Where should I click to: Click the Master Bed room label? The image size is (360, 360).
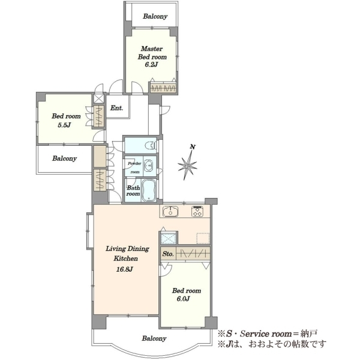152,53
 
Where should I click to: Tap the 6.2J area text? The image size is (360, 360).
151,65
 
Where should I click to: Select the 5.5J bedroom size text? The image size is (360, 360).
64,125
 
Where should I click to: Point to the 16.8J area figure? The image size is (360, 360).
124,269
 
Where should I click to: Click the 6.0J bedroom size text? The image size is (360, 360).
183,299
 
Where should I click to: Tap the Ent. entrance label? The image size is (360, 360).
116,108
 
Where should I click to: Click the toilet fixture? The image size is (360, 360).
151,146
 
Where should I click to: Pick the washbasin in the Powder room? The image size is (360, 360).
149,166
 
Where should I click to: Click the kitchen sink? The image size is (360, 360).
170,211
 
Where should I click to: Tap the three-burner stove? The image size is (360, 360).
197,211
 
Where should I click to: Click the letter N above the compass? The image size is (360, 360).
193,147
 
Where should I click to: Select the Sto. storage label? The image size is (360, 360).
168,254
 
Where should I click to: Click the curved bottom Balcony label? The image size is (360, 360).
154,338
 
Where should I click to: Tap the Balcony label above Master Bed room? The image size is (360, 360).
155,16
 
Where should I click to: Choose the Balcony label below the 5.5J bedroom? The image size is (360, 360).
65,158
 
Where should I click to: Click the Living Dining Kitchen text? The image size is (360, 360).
127,253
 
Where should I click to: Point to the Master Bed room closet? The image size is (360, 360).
163,88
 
